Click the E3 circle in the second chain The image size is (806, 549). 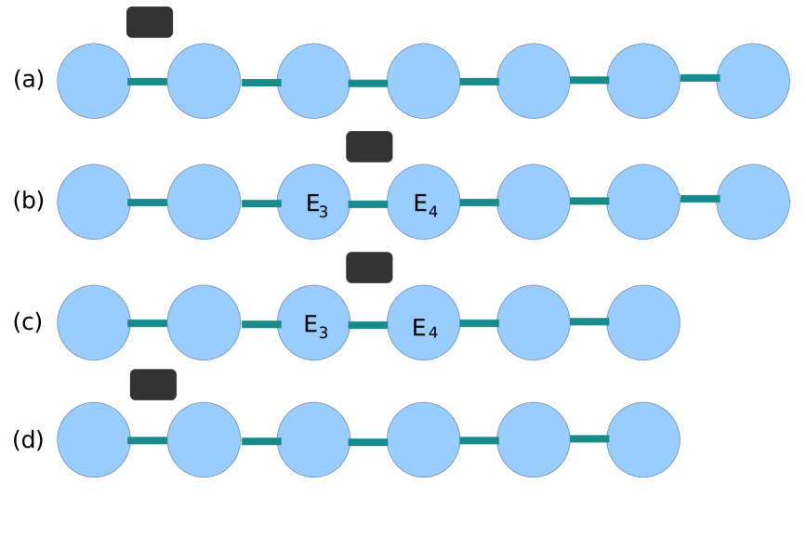tap(313, 203)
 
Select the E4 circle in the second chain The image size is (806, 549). tap(423, 203)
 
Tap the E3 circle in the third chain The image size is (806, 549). tap(313, 322)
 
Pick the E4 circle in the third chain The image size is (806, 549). tap(423, 322)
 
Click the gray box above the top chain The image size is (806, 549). tap(150, 22)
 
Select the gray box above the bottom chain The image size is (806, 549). tap(153, 385)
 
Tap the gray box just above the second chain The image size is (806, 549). tap(369, 147)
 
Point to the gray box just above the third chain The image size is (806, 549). tap(369, 268)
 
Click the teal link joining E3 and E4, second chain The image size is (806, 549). tap(368, 204)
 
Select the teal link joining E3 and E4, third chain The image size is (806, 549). tap(368, 325)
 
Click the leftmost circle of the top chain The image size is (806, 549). tap(94, 81)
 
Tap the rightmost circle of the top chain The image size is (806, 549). tap(752, 81)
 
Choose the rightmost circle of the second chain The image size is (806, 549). tap(752, 203)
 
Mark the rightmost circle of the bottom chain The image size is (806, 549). tap(642, 439)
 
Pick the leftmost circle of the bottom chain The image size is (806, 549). tap(94, 439)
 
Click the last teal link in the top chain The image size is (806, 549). tap(698, 78)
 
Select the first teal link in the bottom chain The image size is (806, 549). tap(148, 440)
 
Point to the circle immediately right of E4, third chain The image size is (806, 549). tap(533, 322)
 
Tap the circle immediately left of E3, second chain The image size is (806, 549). tap(204, 203)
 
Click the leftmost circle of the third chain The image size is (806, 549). tap(94, 322)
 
